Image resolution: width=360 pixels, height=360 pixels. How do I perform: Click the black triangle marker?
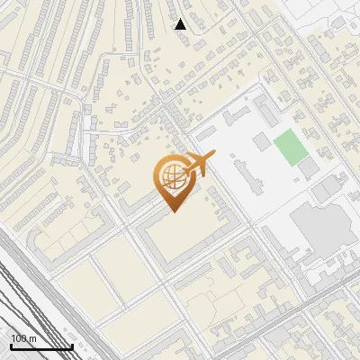click(x=181, y=24)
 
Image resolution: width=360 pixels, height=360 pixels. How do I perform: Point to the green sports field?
click(x=288, y=147)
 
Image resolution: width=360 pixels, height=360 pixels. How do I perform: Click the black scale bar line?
click(x=41, y=346)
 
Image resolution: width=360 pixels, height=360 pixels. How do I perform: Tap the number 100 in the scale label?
click(x=19, y=338)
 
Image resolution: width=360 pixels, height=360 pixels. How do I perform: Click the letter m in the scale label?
click(x=32, y=338)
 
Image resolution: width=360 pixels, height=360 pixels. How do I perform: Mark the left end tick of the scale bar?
click(x=11, y=345)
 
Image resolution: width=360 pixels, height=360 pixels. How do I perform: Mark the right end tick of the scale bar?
click(x=72, y=345)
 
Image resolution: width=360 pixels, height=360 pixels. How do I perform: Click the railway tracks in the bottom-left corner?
click(x=27, y=297)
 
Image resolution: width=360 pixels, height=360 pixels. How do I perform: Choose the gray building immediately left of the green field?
click(x=261, y=141)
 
